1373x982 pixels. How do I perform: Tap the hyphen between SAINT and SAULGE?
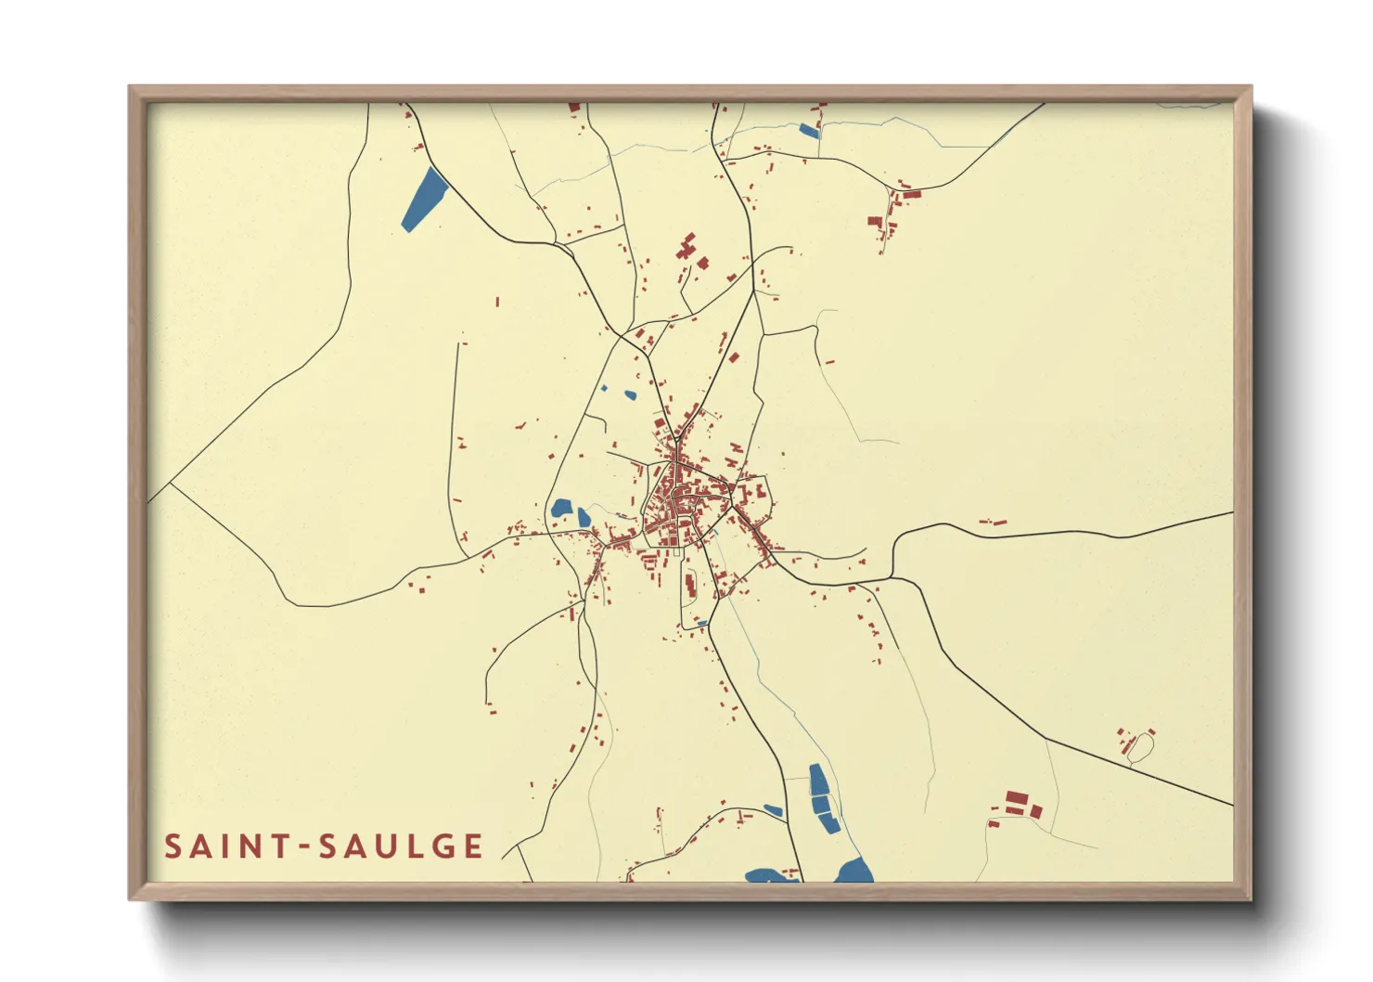coord(304,847)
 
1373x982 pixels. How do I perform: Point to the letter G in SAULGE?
coord(443,846)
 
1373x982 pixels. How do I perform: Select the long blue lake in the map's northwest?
coord(425,199)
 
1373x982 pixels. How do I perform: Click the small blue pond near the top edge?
coord(809,131)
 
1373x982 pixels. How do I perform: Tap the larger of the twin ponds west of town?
coord(560,509)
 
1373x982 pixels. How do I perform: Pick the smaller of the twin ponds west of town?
coord(584,517)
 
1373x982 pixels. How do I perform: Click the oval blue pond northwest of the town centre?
coord(630,395)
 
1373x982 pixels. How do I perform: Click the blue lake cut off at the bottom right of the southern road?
coord(853,872)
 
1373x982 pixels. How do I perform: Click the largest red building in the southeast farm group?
coord(1017,798)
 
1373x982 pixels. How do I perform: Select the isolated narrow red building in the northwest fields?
coord(497,302)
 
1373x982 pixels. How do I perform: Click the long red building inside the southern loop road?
coord(689,585)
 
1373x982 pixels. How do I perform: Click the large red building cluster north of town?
coord(686,248)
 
